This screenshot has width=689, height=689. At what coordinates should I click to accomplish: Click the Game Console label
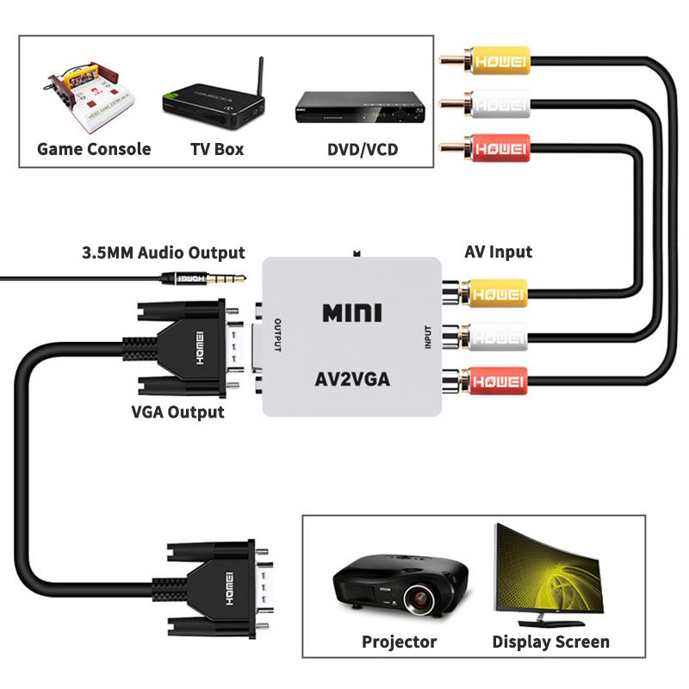coord(94,149)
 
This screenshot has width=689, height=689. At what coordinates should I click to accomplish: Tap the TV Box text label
coord(217,149)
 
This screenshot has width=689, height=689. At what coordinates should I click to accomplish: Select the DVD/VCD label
coord(363,149)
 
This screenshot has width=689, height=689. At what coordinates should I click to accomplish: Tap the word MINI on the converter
coord(351,312)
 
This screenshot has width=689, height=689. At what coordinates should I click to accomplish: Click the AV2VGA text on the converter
coord(351,378)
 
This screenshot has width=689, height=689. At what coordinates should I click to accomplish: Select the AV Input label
coord(498,251)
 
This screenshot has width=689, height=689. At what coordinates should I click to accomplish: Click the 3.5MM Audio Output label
coord(163,253)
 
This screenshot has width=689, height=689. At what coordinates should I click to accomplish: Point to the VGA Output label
coord(177,411)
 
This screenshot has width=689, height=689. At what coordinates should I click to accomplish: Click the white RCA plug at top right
coord(495,105)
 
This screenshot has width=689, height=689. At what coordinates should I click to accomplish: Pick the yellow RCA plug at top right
coord(495,62)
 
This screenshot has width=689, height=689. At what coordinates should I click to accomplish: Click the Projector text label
coord(399,642)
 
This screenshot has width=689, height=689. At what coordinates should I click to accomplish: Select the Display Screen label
coord(550,642)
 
